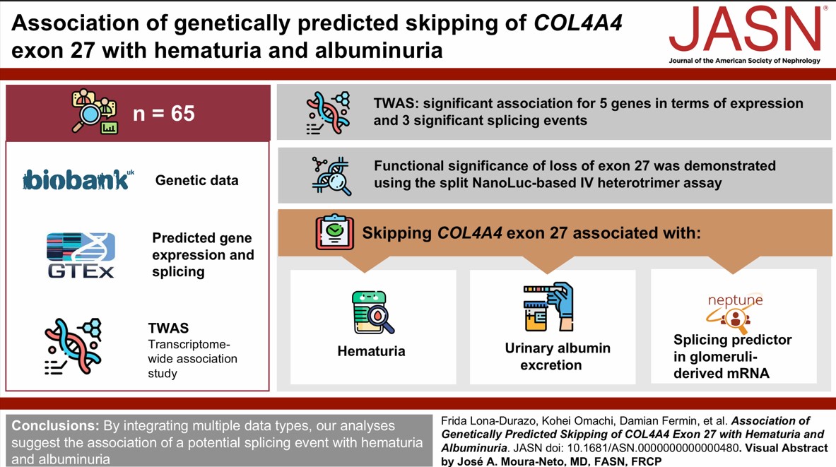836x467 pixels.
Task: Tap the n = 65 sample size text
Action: point(163,113)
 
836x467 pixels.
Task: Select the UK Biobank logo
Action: point(78,180)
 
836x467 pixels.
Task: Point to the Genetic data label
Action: point(196,180)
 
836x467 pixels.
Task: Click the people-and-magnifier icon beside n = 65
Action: point(95,112)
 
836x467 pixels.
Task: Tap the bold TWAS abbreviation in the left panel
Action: point(168,328)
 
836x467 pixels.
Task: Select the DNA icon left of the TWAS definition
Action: point(73,345)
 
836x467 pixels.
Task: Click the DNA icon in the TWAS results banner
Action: point(329,112)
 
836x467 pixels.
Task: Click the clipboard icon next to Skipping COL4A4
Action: point(334,232)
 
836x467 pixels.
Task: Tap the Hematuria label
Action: point(371,351)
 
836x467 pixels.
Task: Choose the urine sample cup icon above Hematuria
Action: point(372,312)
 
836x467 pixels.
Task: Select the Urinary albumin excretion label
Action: point(558,356)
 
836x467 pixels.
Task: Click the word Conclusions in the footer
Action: point(54,426)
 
